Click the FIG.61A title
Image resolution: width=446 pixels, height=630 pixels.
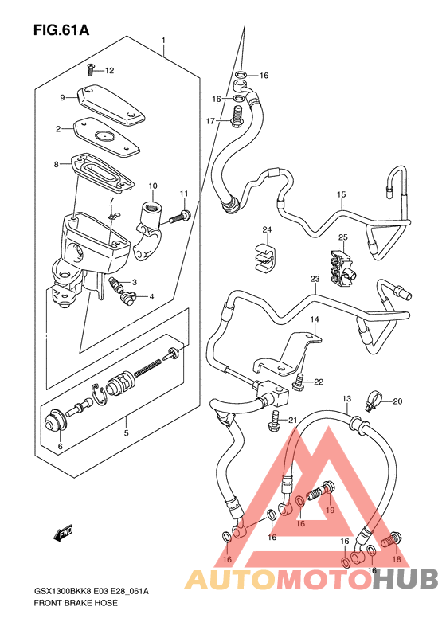(61, 29)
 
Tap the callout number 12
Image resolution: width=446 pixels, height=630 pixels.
(110, 71)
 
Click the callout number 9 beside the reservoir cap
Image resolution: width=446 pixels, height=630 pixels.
(62, 98)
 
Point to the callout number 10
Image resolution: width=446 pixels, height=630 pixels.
(153, 186)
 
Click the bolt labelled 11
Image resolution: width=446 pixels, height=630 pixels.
(180, 217)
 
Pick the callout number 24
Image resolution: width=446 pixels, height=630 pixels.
(267, 230)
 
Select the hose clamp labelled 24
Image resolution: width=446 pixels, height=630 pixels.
(265, 256)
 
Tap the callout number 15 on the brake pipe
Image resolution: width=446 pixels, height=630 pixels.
(341, 194)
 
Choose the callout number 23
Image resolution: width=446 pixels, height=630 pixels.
(315, 279)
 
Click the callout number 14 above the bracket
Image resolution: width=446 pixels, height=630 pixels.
(315, 319)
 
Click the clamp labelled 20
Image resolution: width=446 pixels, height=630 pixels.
(374, 402)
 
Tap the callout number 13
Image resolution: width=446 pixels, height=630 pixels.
(346, 399)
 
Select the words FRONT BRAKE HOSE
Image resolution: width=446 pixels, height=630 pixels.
(76, 603)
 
